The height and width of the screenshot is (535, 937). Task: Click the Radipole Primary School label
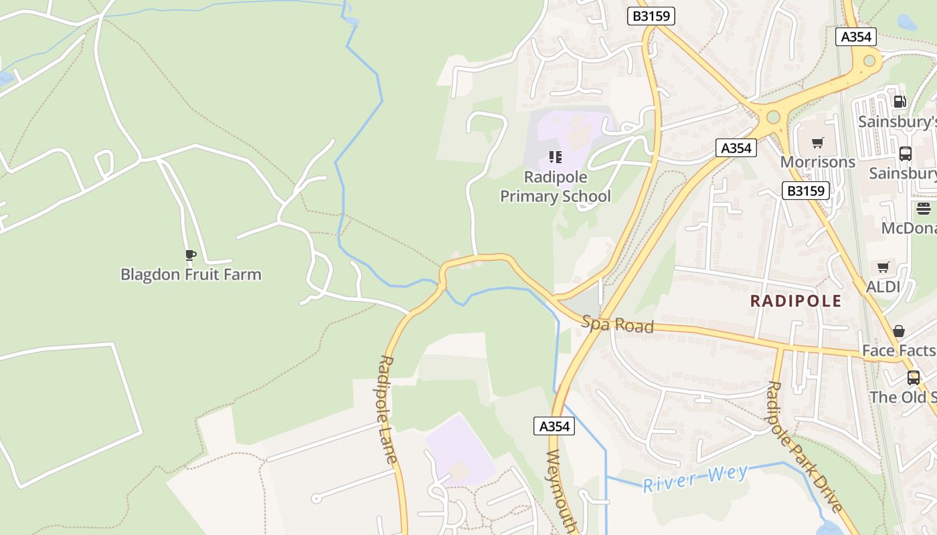pyautogui.click(x=556, y=187)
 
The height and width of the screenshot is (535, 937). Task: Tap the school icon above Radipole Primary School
pyautogui.click(x=555, y=157)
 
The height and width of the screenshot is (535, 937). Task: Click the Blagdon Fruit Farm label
pyautogui.click(x=191, y=274)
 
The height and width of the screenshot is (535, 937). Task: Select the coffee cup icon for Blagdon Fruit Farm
pyautogui.click(x=191, y=255)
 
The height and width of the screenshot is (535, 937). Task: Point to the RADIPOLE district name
pyautogui.click(x=796, y=301)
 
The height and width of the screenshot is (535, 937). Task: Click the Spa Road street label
pyautogui.click(x=617, y=324)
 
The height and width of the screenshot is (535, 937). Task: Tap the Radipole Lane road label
pyautogui.click(x=388, y=409)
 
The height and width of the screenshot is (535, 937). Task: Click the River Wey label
pyautogui.click(x=696, y=479)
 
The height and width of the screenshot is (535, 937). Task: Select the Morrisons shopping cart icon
pyautogui.click(x=817, y=142)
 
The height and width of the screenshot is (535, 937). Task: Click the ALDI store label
pyautogui.click(x=883, y=287)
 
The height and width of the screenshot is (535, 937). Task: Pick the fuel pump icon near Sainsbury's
pyautogui.click(x=900, y=102)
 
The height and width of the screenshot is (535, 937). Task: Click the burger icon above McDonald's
pyautogui.click(x=924, y=209)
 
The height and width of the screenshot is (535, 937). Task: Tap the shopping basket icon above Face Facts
pyautogui.click(x=898, y=331)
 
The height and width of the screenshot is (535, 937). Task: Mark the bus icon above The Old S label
pyautogui.click(x=913, y=377)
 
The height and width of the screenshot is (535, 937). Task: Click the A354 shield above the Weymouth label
pyautogui.click(x=554, y=426)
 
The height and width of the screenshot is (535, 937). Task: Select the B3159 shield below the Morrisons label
pyautogui.click(x=806, y=191)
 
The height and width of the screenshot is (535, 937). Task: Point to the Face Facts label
pyautogui.click(x=898, y=350)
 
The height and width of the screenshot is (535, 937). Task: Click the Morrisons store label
pyautogui.click(x=817, y=162)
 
